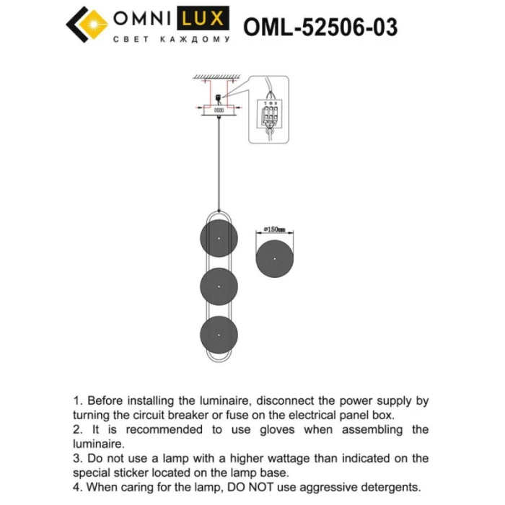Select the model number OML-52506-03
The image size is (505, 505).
point(320,27)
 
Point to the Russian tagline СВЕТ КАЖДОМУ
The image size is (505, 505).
point(171,40)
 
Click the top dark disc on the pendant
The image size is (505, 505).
point(219,239)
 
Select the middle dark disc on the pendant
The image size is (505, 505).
point(219,286)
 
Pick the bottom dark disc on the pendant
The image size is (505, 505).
point(219,334)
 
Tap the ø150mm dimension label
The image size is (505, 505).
point(275,229)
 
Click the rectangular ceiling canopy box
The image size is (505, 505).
point(218,110)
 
